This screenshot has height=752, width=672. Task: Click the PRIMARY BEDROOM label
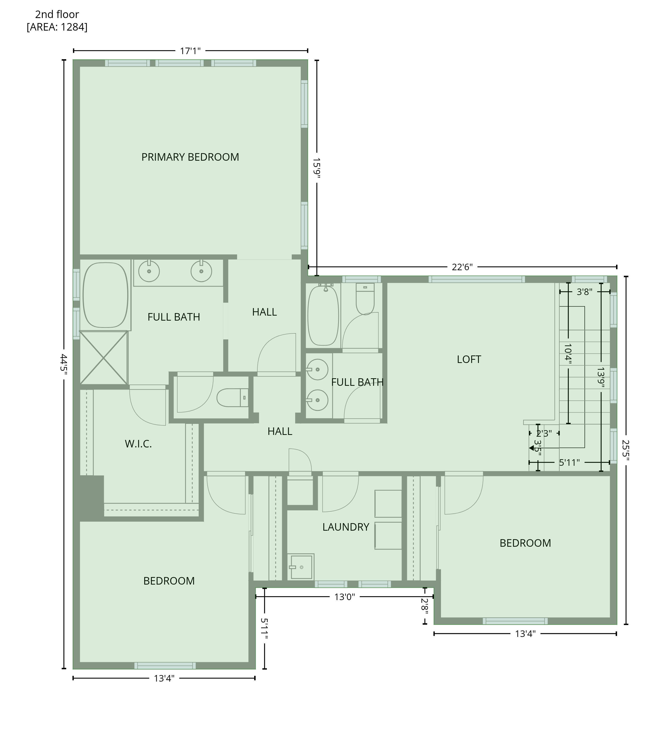coord(190,157)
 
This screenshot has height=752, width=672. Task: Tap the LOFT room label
coord(469,359)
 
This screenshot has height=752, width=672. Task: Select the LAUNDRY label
coord(346,527)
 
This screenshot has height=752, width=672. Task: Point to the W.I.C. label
coord(138,444)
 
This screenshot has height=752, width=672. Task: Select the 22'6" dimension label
coord(462,267)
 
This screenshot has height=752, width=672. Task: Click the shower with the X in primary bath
coord(104,357)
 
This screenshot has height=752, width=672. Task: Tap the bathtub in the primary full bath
coord(106,295)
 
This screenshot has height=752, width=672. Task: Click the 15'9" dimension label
coord(317,168)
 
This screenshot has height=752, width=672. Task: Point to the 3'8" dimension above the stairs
coord(584,292)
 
